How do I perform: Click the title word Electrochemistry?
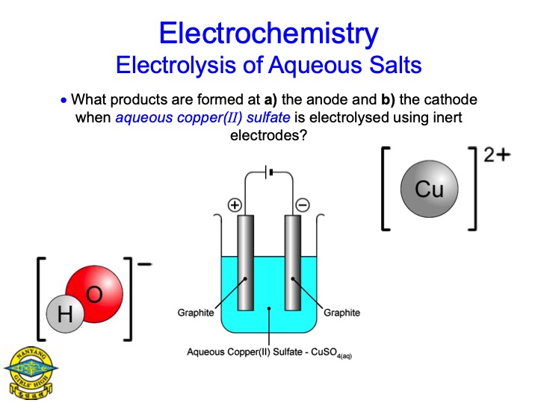coord(268,33)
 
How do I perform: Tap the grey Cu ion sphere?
coord(429,190)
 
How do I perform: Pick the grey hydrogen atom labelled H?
coord(65,316)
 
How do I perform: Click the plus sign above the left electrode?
coord(235,204)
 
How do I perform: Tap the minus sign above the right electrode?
coord(303,204)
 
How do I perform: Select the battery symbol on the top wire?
coord(269,172)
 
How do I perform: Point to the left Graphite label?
coord(196,313)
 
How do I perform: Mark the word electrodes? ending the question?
coord(268,136)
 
